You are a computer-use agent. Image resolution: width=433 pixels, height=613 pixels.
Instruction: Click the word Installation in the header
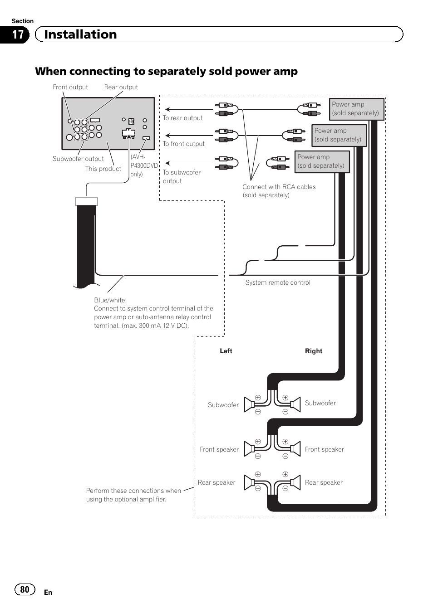pyautogui.click(x=80, y=34)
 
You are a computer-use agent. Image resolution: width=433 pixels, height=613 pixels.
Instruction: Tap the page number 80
pyautogui.click(x=25, y=589)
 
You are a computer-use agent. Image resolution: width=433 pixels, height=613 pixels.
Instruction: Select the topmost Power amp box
pyautogui.click(x=357, y=109)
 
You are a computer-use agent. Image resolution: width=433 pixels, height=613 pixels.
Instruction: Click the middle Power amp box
pyautogui.click(x=339, y=136)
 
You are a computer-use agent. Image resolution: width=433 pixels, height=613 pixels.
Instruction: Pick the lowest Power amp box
pyautogui.click(x=322, y=162)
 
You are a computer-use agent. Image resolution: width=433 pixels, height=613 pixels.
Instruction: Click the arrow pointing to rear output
pyautogui.click(x=189, y=109)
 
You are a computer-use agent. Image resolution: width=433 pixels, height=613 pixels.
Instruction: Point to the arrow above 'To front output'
pyautogui.click(x=189, y=136)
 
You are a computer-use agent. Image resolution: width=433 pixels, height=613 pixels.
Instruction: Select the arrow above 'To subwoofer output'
pyautogui.click(x=189, y=163)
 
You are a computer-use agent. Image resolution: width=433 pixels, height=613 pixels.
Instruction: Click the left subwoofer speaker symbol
pyautogui.click(x=249, y=404)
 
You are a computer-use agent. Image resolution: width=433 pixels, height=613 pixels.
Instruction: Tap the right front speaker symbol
pyautogui.click(x=295, y=449)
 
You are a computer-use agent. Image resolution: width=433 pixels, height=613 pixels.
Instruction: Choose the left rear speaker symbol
pyautogui.click(x=249, y=482)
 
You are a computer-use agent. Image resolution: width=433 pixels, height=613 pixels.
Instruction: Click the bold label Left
pyautogui.click(x=226, y=351)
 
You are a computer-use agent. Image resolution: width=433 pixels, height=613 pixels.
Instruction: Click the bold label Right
pyautogui.click(x=314, y=351)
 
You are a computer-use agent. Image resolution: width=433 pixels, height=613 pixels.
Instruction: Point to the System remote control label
pyautogui.click(x=278, y=282)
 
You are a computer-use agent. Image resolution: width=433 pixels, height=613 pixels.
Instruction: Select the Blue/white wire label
pyautogui.click(x=109, y=300)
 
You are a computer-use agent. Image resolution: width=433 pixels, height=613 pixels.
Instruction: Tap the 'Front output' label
pyautogui.click(x=70, y=87)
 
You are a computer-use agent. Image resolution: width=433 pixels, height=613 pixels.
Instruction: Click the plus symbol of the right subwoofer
pyautogui.click(x=285, y=398)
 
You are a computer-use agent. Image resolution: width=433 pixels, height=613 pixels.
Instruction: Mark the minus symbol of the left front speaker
pyautogui.click(x=258, y=456)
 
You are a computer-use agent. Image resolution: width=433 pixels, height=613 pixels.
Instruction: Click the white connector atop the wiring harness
pyautogui.click(x=87, y=201)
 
